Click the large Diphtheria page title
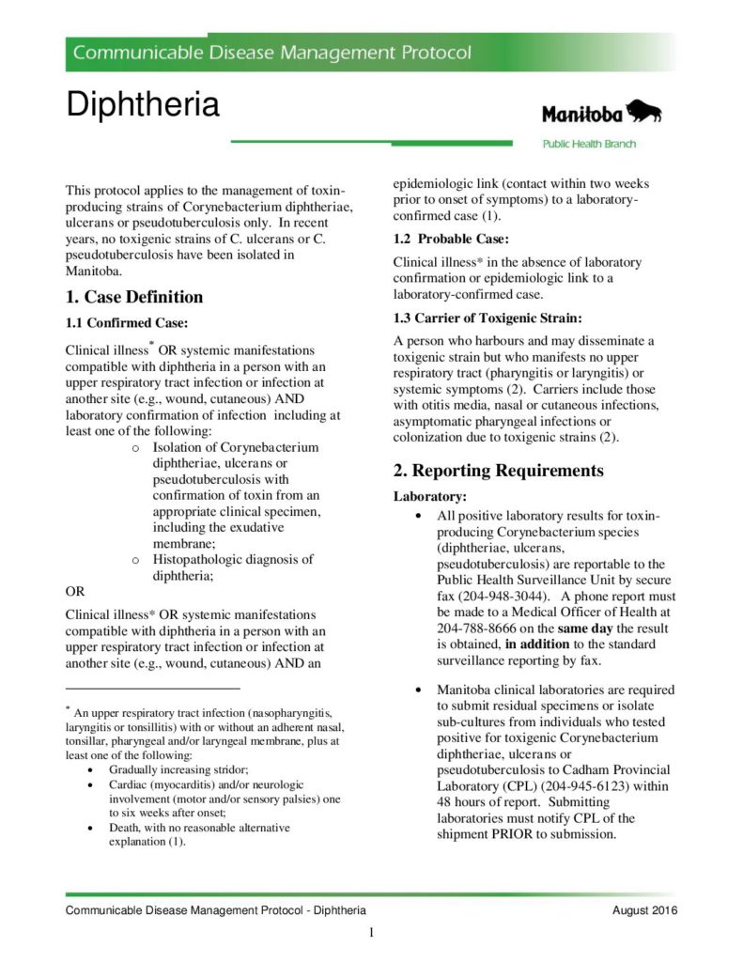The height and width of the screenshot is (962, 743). point(142,104)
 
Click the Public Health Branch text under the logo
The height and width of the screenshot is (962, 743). point(589,144)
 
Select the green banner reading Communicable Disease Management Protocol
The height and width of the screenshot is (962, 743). point(272,53)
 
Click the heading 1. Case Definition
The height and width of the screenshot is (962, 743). point(134,297)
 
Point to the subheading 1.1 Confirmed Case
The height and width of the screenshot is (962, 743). point(127,324)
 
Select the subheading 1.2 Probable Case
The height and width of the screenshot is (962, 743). point(451,239)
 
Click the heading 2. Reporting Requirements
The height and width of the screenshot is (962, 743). point(498,471)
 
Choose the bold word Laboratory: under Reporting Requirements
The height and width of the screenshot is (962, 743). point(429,496)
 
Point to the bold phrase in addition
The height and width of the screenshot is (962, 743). point(541,644)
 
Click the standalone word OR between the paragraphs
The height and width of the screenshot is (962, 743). point(75,592)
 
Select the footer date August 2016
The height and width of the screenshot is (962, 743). point(644,911)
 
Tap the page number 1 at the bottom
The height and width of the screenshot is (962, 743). point(372,933)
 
